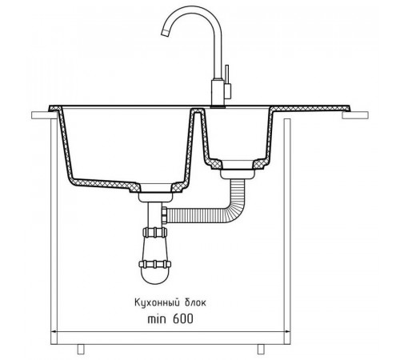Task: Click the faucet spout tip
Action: (165, 33)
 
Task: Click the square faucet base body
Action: (217, 93)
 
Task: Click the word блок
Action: (195, 303)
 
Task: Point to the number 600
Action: (183, 318)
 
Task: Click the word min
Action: (157, 319)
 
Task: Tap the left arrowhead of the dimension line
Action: (54, 332)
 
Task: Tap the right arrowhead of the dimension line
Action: (287, 332)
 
